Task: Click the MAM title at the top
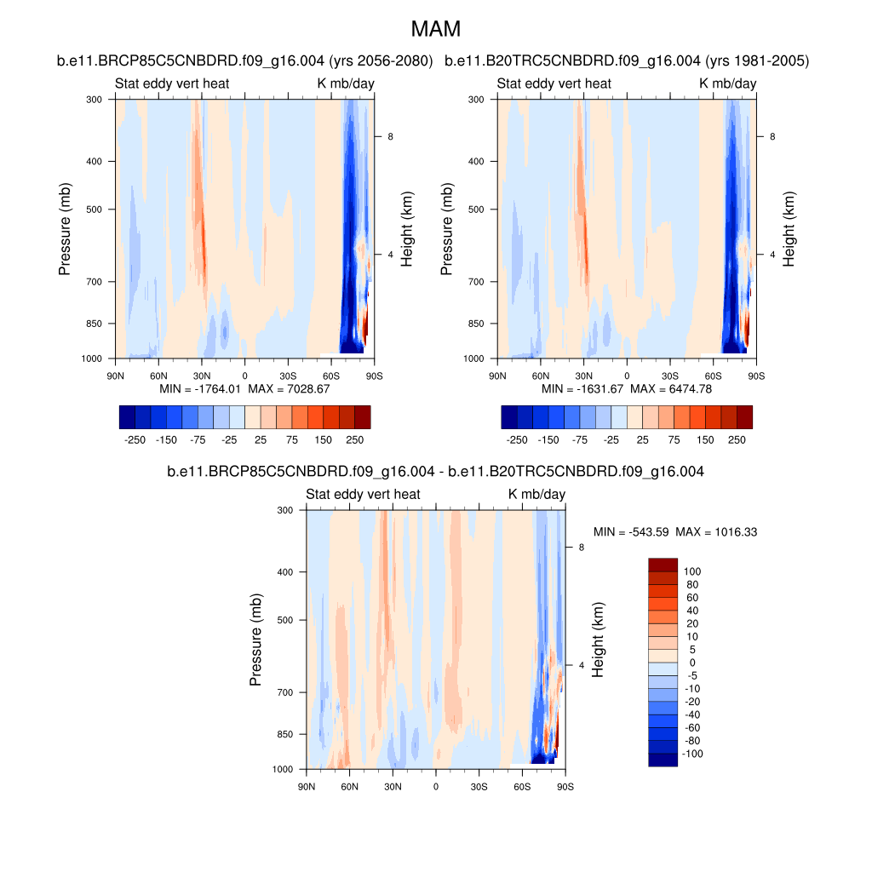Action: [x=435, y=29]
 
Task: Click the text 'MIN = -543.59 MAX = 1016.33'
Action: [x=675, y=532]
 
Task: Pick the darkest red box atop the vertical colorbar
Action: [x=663, y=565]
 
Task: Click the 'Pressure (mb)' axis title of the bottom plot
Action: [x=255, y=640]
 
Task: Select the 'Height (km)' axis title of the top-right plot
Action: [x=789, y=228]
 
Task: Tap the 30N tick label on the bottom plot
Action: [x=393, y=786]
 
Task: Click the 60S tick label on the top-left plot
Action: [x=331, y=376]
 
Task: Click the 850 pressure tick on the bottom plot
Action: [x=285, y=734]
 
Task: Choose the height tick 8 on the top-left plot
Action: [x=389, y=136]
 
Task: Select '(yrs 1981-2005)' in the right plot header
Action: [x=760, y=60]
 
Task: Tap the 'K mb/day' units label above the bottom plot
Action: [x=536, y=494]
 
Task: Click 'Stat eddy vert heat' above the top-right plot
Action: [x=554, y=83]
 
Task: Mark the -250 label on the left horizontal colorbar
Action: [x=135, y=440]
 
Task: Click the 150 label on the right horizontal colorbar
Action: [x=704, y=440]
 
